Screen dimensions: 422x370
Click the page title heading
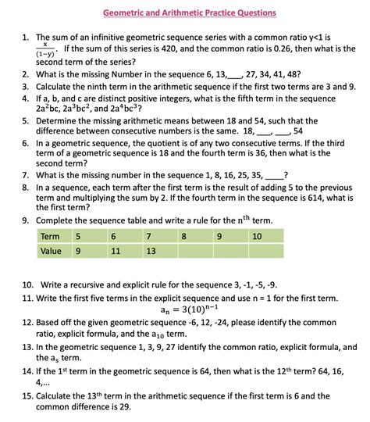pyautogui.click(x=190, y=13)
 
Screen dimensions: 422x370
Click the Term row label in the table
pyautogui.click(x=50, y=235)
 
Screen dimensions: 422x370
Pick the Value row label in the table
pyautogui.click(x=51, y=251)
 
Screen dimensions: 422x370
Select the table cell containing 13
pyautogui.click(x=151, y=251)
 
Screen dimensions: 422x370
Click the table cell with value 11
pyautogui.click(x=116, y=251)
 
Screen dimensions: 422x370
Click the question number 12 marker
pyautogui.click(x=27, y=322)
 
